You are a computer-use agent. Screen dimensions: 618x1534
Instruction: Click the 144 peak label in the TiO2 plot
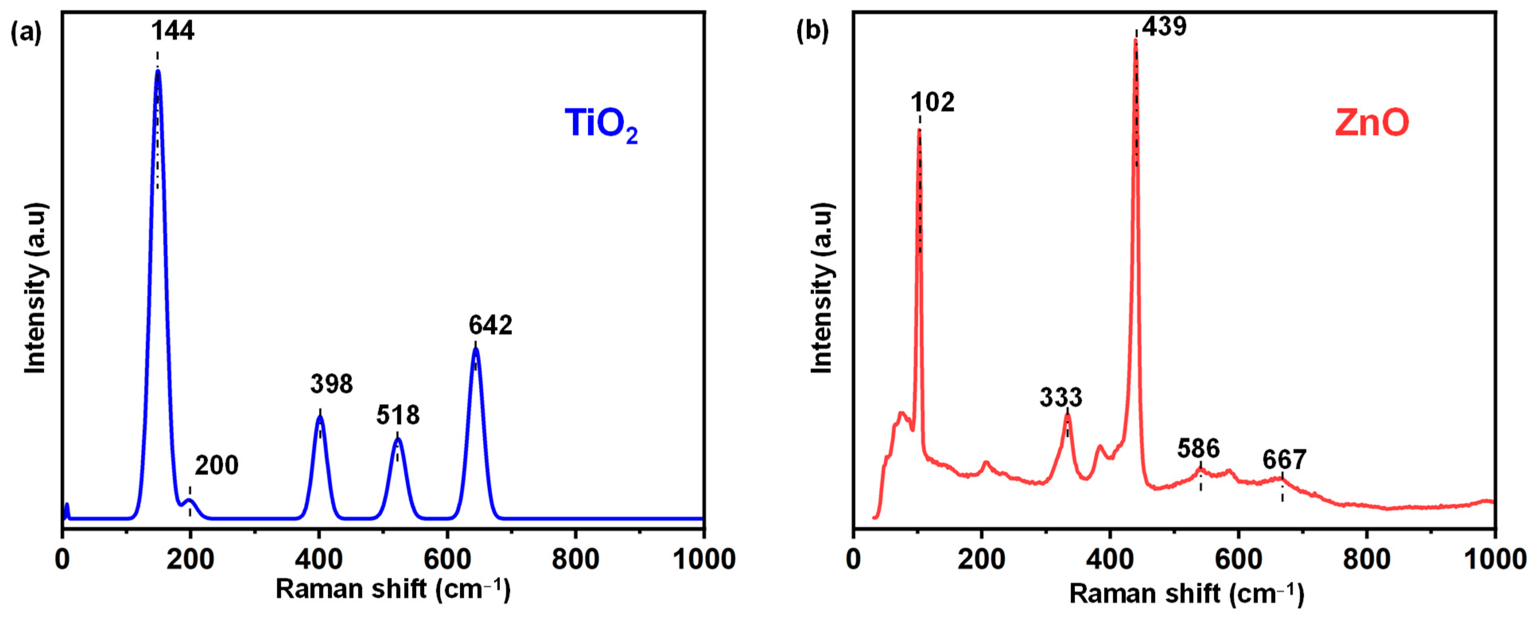172,30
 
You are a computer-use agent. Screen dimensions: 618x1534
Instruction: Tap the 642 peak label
490,325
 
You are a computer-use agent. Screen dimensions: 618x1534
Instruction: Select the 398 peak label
331,384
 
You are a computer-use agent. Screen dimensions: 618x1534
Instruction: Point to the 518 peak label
398,415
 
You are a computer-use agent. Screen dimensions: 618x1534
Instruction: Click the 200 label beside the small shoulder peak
216,465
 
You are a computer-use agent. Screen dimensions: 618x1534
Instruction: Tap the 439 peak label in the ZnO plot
1163,27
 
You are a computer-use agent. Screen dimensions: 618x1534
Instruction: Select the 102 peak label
932,103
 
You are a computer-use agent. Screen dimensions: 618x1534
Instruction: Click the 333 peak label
1060,397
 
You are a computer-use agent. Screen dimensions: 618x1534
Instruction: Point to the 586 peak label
1198,448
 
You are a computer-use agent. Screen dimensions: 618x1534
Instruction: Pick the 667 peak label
1284,460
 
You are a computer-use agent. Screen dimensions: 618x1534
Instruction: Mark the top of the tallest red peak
1136,40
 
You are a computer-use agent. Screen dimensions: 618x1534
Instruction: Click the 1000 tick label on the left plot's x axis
704,559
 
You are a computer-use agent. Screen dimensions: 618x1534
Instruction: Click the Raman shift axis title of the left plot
393,589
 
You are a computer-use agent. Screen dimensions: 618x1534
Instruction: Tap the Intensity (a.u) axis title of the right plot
822,288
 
